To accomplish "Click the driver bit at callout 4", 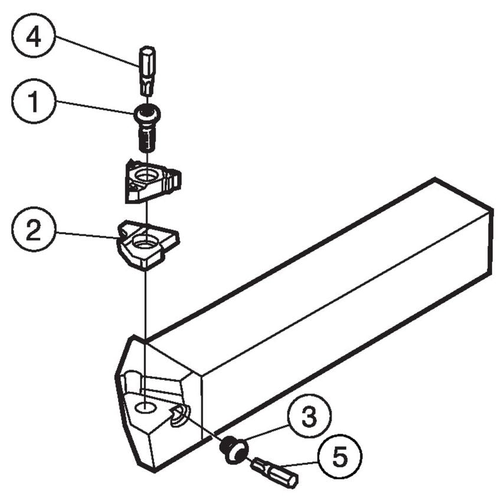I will (x=147, y=70).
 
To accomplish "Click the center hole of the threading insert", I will (x=145, y=175).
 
